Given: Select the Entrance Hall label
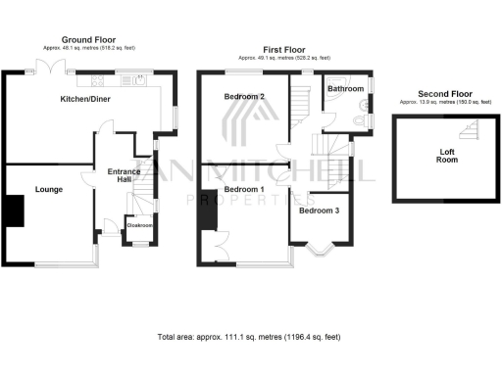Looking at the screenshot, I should coord(125,176).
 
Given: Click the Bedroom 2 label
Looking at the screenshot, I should coord(243,96).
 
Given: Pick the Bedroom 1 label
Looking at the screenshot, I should coord(243,189).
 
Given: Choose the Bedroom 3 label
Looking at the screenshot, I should coord(319,211).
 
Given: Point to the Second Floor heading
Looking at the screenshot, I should coord(444,93).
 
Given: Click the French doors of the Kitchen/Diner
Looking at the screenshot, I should coord(43,67).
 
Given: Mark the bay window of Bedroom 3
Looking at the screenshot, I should coord(322,250).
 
